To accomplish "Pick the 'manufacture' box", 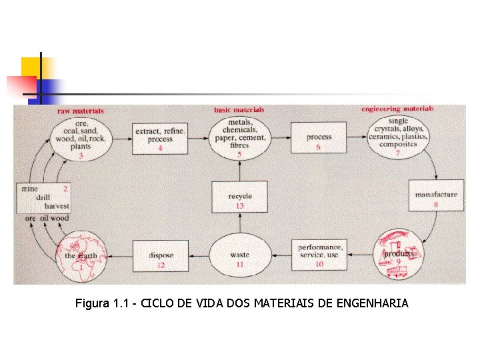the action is (436, 195).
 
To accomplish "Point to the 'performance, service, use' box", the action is (318, 255).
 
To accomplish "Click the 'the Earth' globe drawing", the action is (81, 255).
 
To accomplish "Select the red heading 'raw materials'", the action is (81, 111).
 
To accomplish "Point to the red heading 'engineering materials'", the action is (397, 109).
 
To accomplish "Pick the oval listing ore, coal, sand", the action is (81, 137).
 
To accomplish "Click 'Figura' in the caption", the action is (92, 304).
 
